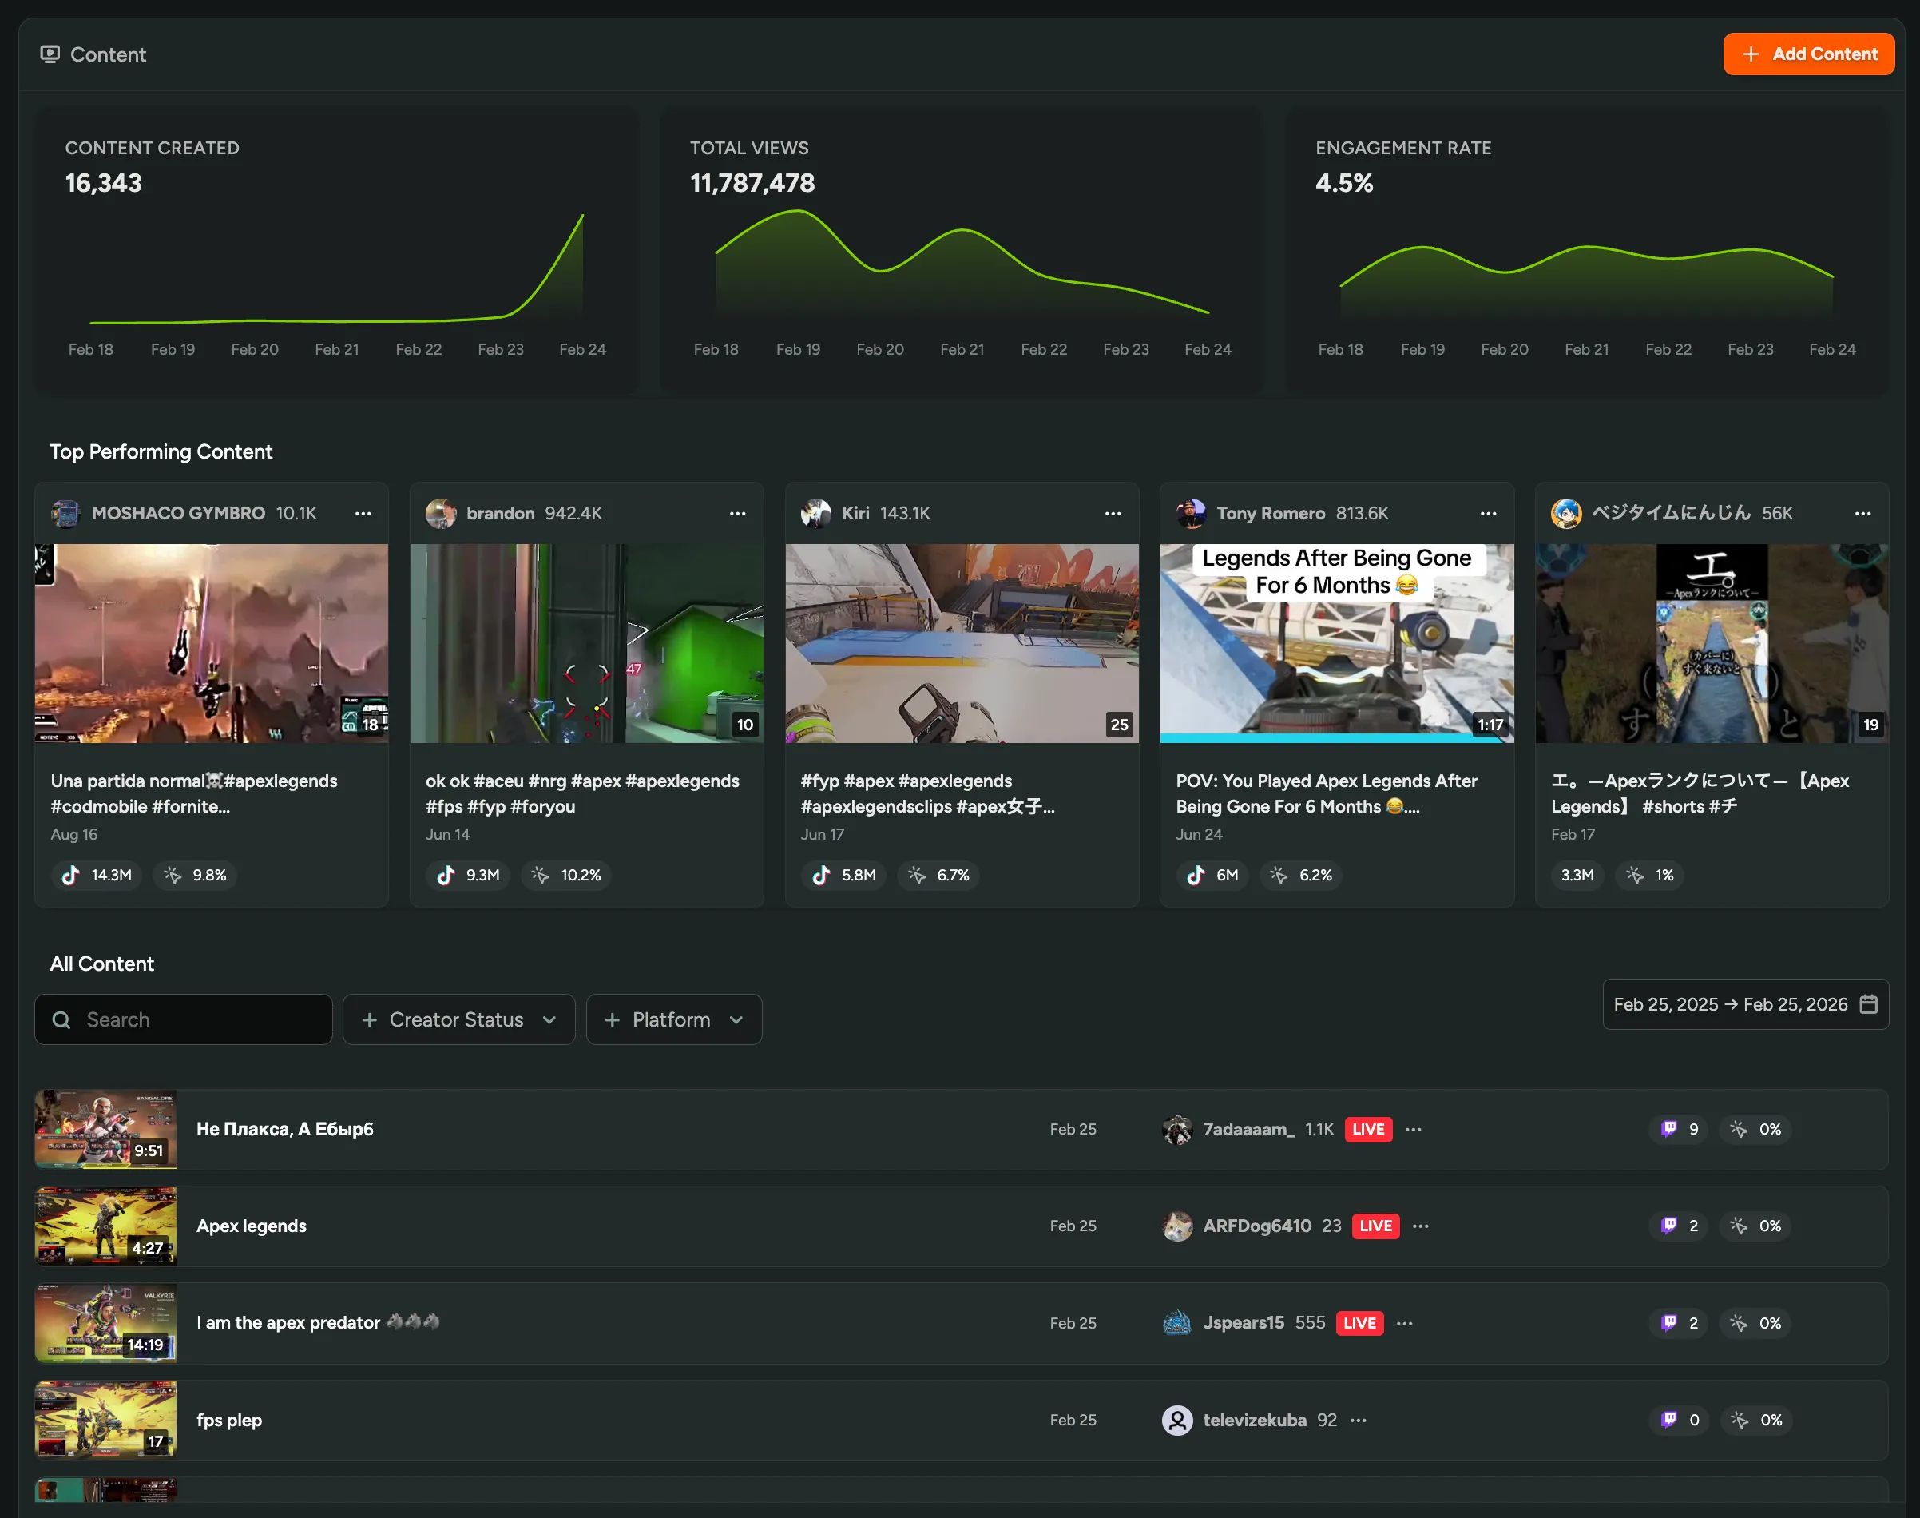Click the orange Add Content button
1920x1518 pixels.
point(1808,54)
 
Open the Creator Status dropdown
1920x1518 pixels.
point(458,1019)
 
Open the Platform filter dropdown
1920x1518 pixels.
point(673,1019)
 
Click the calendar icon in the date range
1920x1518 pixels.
point(1868,1004)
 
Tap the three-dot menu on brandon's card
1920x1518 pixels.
point(737,514)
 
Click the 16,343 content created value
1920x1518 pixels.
point(103,183)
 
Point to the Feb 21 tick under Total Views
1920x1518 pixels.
point(962,349)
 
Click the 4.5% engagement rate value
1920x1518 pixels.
point(1343,183)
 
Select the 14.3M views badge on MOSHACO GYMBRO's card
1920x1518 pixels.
point(97,876)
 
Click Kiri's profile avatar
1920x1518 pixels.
point(815,514)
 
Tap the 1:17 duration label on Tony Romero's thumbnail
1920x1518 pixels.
point(1490,725)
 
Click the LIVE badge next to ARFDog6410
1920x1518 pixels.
point(1375,1226)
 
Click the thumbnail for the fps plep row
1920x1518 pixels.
point(105,1420)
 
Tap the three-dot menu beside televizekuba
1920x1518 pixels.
point(1359,1421)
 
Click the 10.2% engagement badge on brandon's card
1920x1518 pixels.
point(567,876)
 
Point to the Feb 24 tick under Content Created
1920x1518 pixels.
point(582,349)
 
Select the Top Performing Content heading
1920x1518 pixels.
point(161,451)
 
